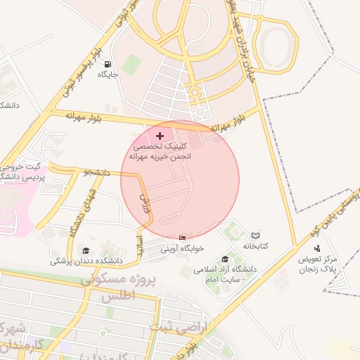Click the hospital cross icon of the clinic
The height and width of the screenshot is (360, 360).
coord(160,135)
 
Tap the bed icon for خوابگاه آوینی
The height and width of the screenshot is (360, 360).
coord(184,238)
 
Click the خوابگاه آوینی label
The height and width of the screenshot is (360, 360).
coord(183,248)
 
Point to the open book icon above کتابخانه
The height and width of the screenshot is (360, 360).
coord(255,236)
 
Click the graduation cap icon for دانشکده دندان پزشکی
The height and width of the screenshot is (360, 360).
coord(86,250)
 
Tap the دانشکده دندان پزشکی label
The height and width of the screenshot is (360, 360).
coord(86,260)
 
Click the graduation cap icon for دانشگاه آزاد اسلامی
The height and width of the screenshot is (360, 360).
coord(225,259)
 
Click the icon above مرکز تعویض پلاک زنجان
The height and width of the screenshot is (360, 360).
coord(318,247)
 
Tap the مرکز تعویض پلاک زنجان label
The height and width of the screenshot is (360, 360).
coord(319,263)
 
